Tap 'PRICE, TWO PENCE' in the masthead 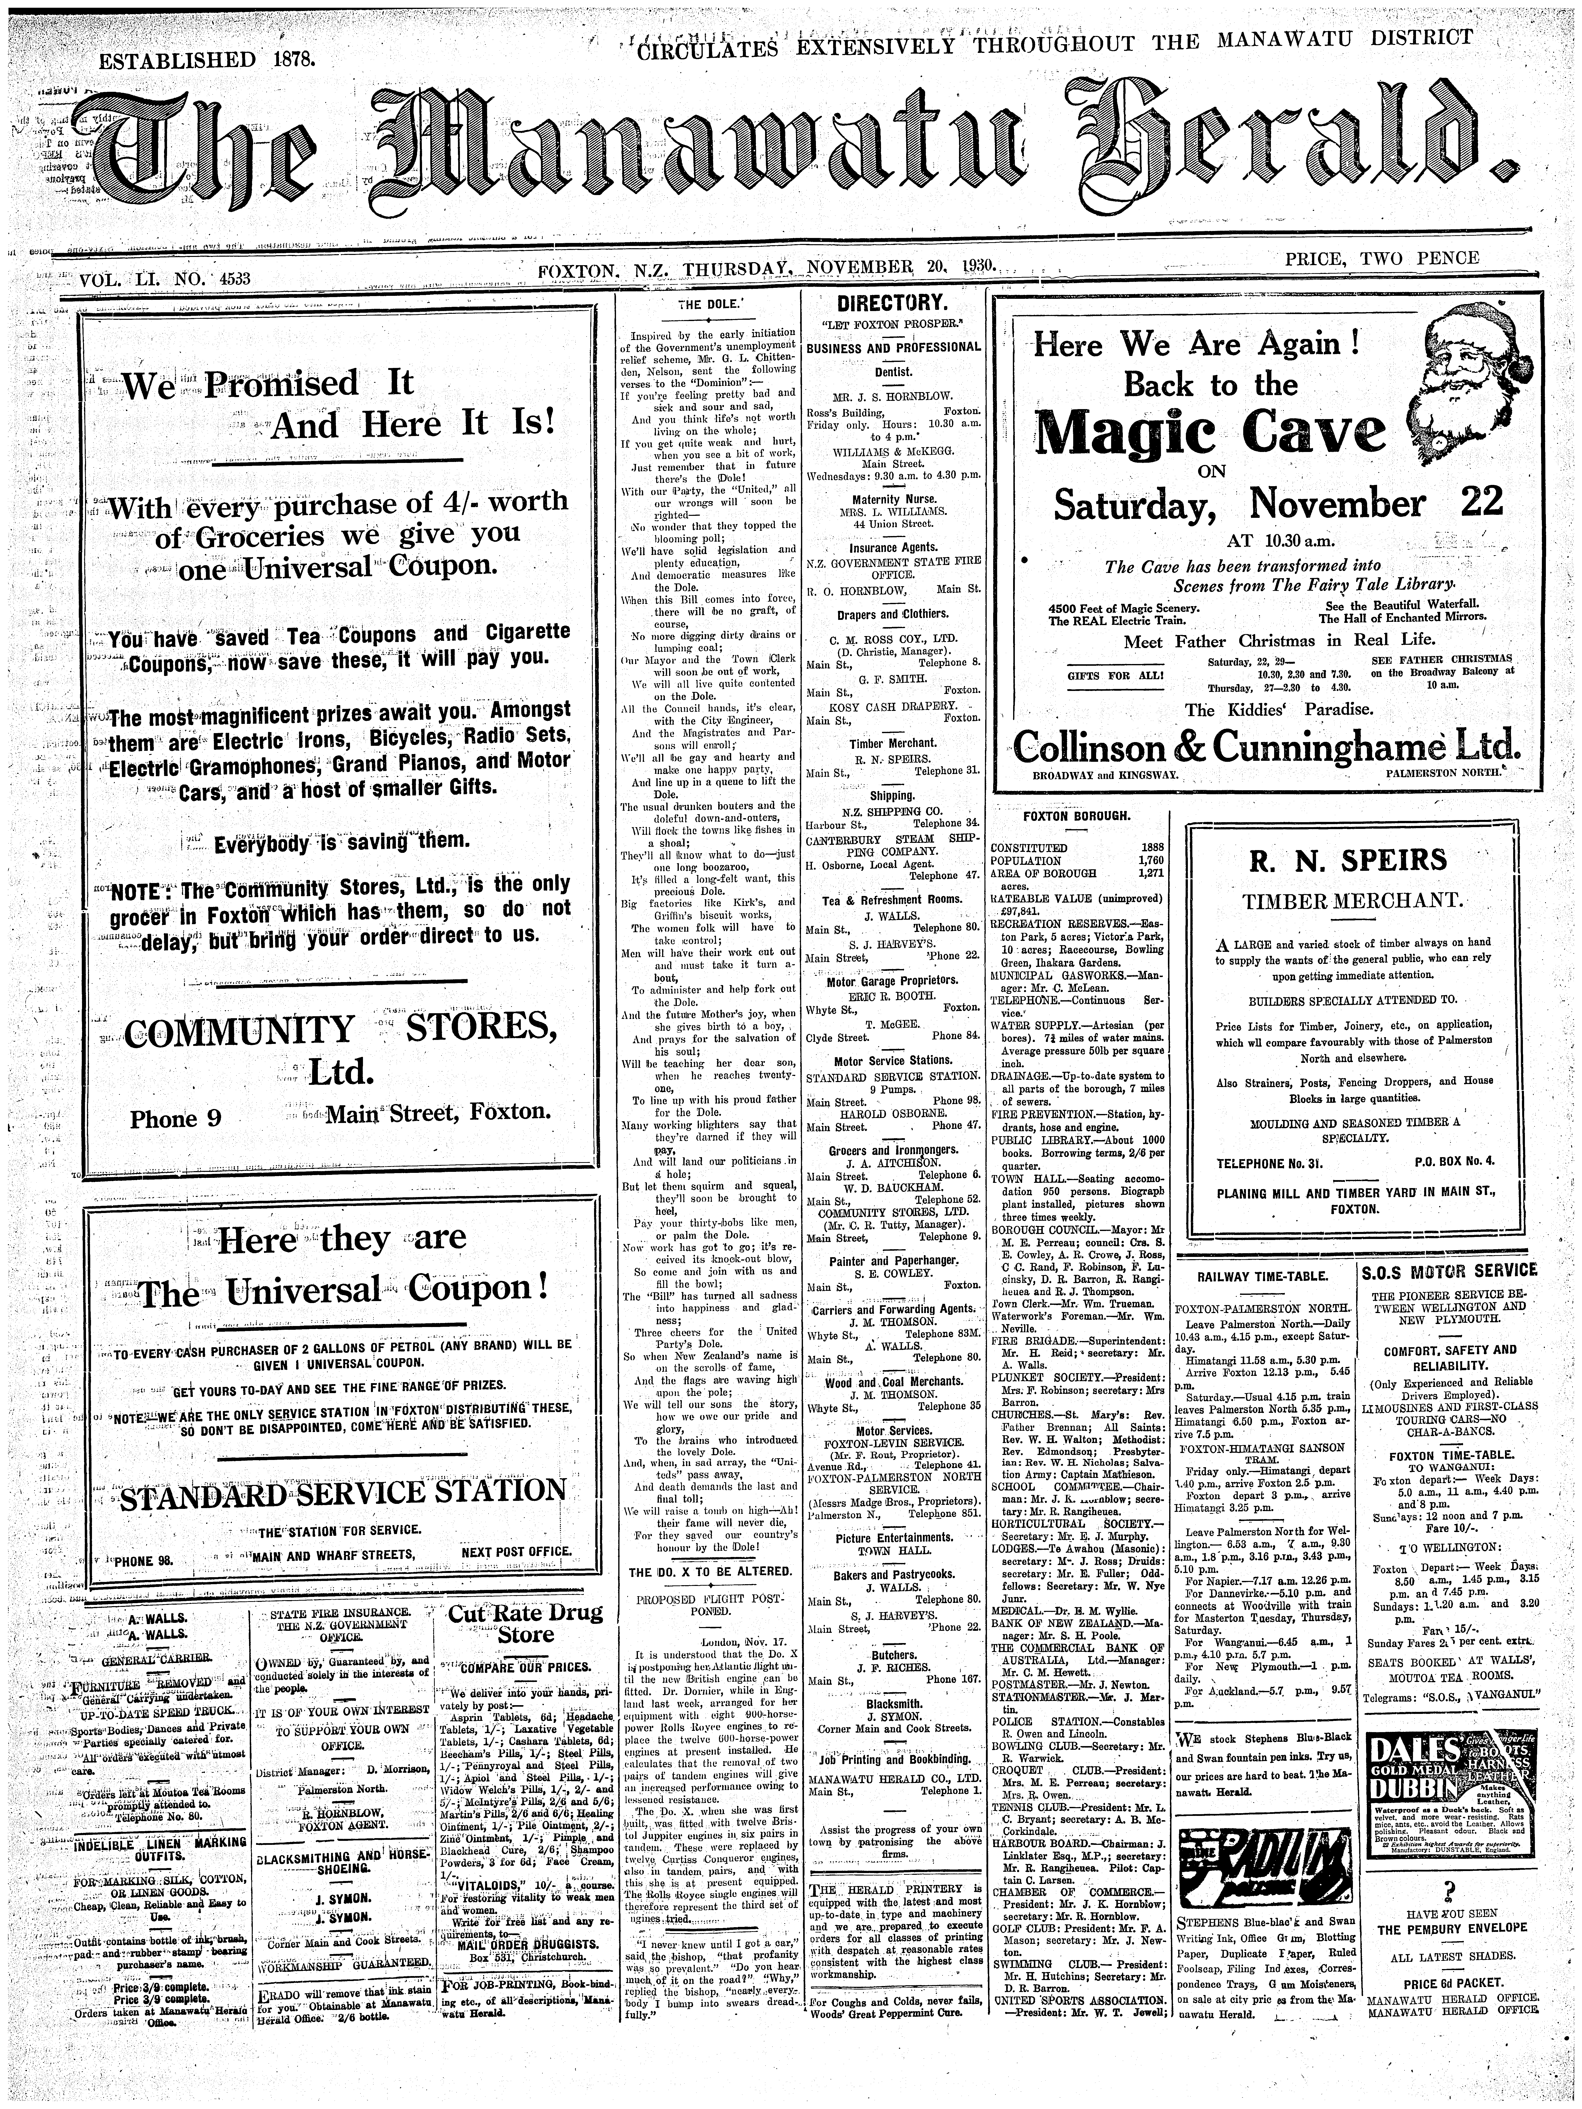[x=1382, y=257]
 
